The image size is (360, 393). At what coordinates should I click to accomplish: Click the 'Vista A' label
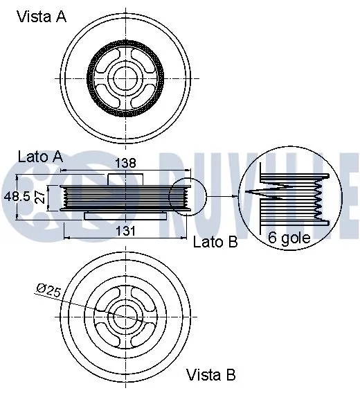pyautogui.click(x=42, y=17)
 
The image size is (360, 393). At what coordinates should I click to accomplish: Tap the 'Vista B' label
pyautogui.click(x=211, y=375)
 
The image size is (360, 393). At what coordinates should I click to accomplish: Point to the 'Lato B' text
pyautogui.click(x=215, y=242)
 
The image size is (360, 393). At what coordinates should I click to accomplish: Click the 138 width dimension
pyautogui.click(x=124, y=164)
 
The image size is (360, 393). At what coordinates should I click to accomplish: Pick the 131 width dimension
pyautogui.click(x=123, y=230)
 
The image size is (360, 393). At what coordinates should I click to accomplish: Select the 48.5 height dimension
pyautogui.click(x=17, y=197)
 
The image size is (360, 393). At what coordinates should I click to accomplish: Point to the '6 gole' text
pyautogui.click(x=289, y=238)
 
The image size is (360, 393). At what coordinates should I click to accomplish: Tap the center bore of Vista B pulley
pyautogui.click(x=125, y=315)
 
